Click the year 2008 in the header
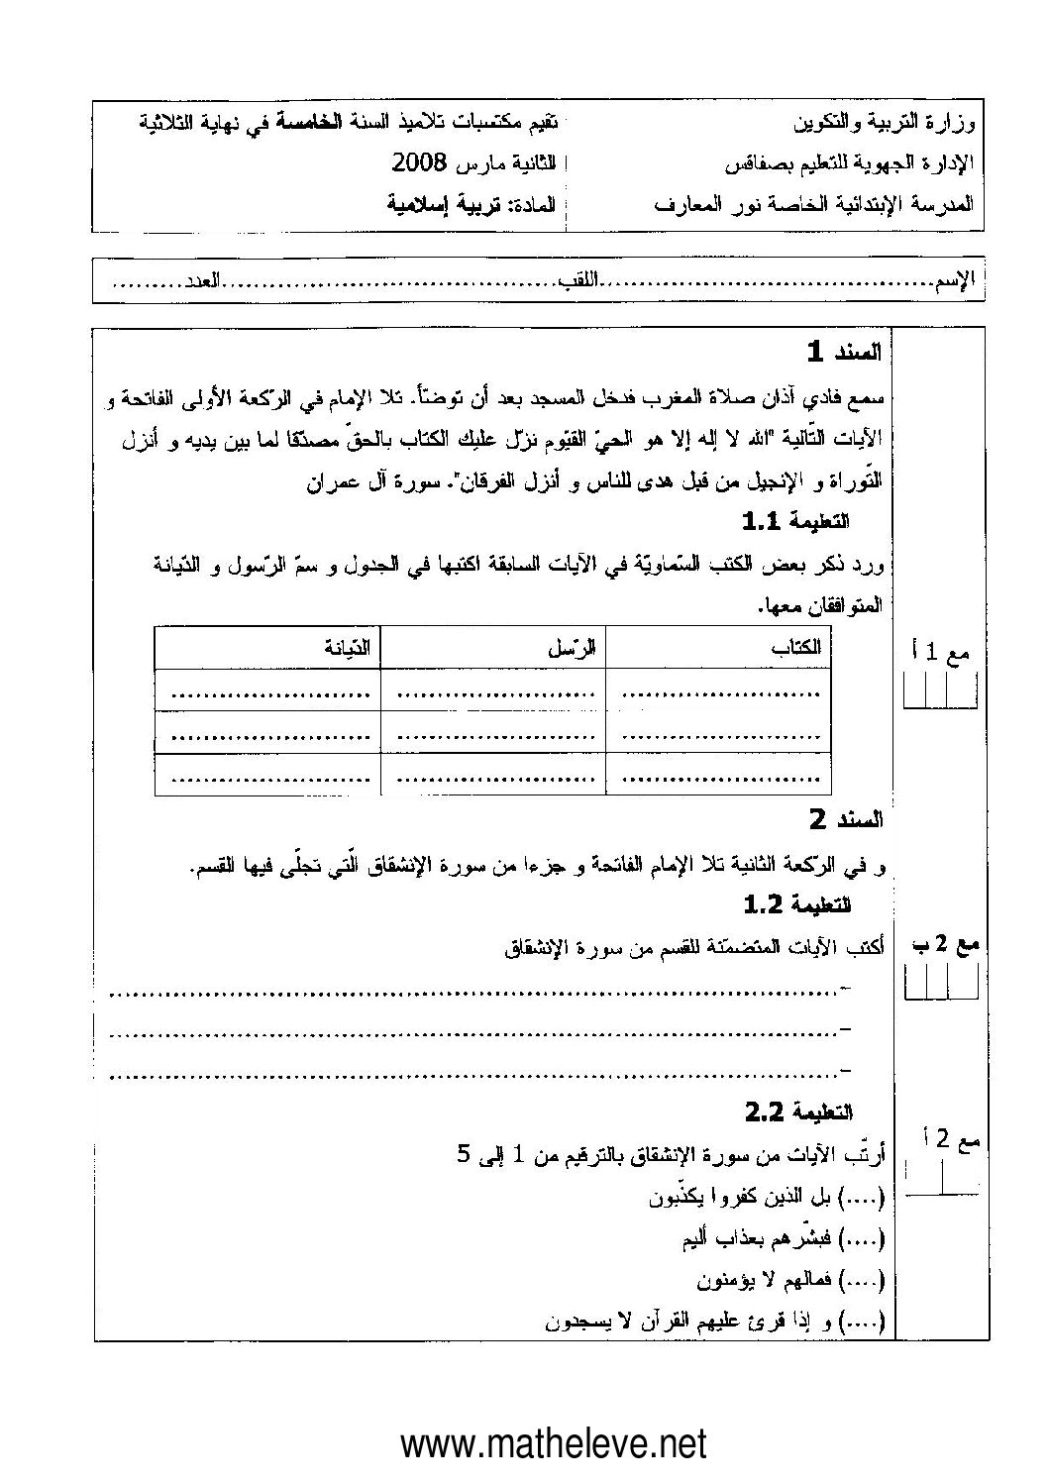tap(420, 161)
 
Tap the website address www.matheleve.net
tap(554, 1443)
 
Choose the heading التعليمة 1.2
tap(796, 904)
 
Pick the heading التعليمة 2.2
tap(798, 1113)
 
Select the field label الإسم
tap(955, 283)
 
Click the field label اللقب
tap(581, 283)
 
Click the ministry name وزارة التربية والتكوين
tap(885, 126)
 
